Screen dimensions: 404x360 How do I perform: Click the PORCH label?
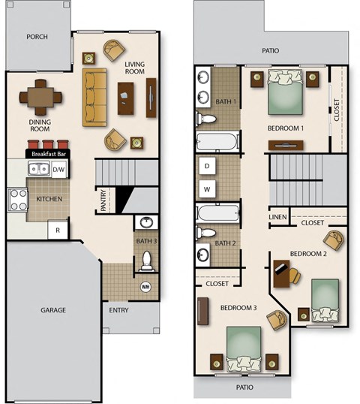pos(37,37)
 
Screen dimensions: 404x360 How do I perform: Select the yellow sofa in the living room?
pos(94,98)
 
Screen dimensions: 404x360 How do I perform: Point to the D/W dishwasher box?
pos(58,170)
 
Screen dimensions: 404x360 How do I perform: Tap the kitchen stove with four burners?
pos(17,199)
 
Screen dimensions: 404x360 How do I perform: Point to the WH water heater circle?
pos(146,287)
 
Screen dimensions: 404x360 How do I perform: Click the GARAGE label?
pos(53,309)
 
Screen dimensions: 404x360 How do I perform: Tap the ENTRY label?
pos(118,309)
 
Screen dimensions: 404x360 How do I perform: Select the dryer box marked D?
pos(207,165)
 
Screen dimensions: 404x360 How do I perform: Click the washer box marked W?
pos(207,188)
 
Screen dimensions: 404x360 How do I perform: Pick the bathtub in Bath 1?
pos(217,141)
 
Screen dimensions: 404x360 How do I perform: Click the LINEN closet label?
pos(277,218)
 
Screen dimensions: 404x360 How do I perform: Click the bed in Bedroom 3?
pos(245,346)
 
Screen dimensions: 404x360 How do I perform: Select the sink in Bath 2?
pos(203,252)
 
